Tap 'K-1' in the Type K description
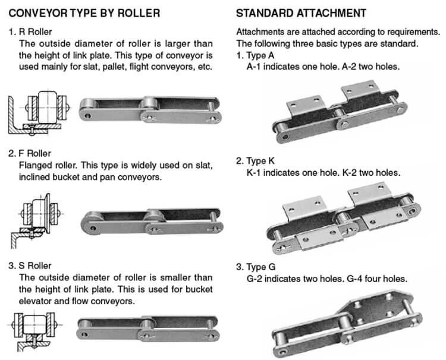coord(256,173)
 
